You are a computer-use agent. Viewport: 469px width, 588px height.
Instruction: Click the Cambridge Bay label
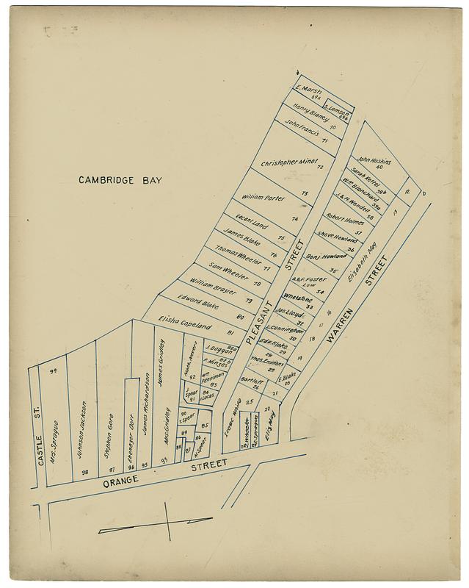(x=120, y=179)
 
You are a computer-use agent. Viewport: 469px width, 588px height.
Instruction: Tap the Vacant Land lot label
(x=251, y=222)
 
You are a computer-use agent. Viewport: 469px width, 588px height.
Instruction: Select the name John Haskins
(x=374, y=159)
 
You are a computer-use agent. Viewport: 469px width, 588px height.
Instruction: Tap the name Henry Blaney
(x=311, y=115)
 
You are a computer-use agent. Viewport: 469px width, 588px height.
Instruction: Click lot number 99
(x=53, y=371)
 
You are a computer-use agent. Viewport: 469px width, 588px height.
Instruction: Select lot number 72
(x=320, y=167)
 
